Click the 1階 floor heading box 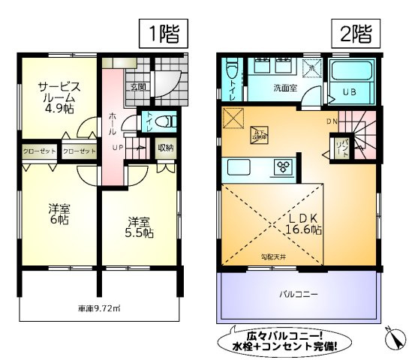coord(161,33)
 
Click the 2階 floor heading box coord(355,33)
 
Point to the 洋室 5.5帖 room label coord(139,227)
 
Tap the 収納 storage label coord(165,147)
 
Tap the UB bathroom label coord(349,91)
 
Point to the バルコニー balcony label coord(298,294)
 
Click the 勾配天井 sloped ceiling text coord(272,257)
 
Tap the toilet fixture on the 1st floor coord(167,121)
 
